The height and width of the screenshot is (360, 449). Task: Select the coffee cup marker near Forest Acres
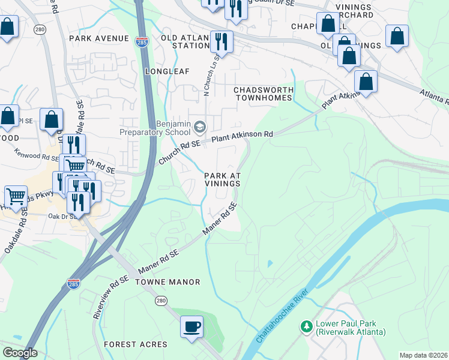(x=192, y=327)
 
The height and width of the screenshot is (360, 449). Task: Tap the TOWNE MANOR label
(x=158, y=281)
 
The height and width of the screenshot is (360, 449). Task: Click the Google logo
(x=20, y=353)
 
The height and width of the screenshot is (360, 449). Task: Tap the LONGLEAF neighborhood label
(x=167, y=71)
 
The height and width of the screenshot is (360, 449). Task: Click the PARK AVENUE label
(x=99, y=38)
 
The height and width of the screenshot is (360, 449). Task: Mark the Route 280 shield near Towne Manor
(x=160, y=300)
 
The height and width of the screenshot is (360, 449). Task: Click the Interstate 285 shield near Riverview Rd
(x=74, y=283)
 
